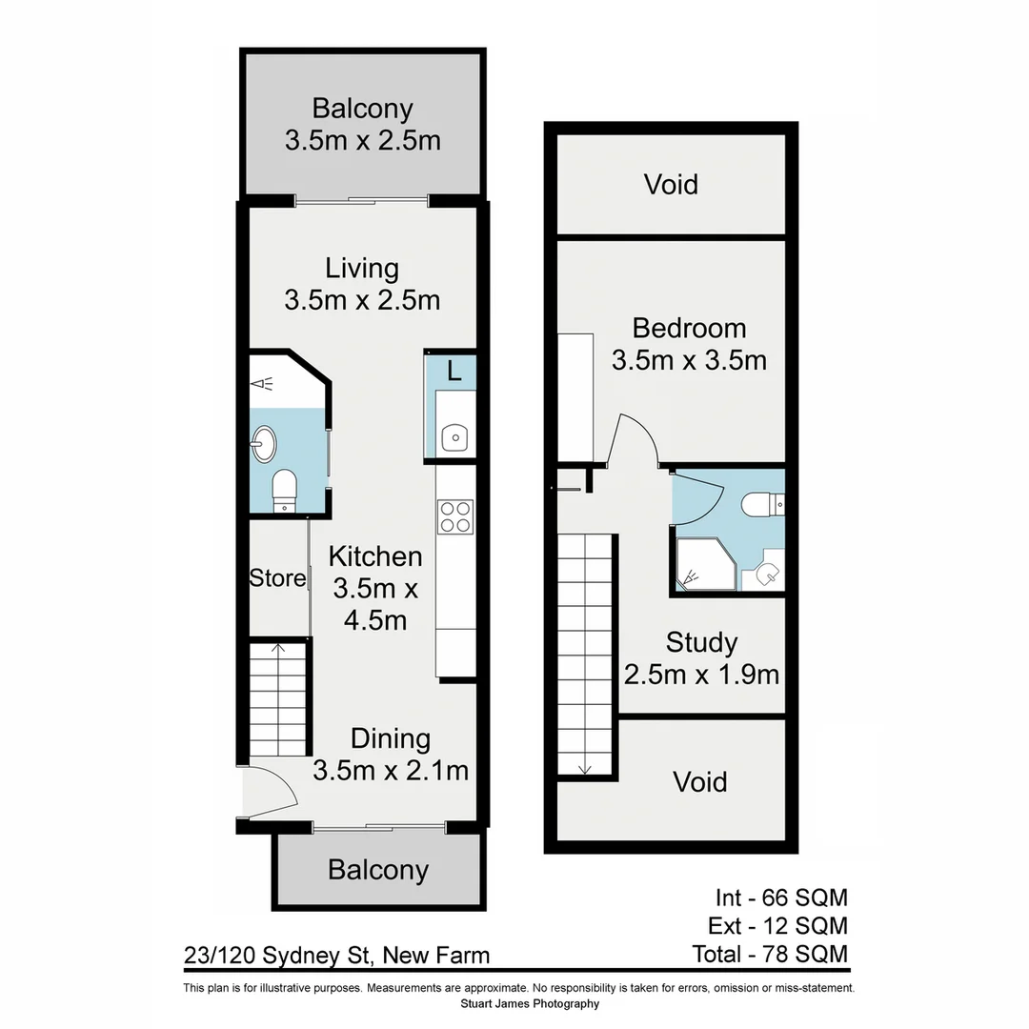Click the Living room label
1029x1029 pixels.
pos(361,269)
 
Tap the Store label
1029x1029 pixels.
pos(277,578)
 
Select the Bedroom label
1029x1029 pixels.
pos(689,329)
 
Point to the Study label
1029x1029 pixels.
pos(701,643)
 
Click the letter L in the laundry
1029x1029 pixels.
pos(454,371)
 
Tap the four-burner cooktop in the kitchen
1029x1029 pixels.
pos(455,516)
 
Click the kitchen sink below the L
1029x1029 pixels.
pos(454,437)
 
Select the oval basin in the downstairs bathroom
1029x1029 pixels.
pos(262,443)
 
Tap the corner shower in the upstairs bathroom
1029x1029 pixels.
pos(700,564)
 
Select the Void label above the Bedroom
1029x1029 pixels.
pos(671,184)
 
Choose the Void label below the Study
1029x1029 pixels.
pos(700,782)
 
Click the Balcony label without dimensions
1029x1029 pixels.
pos(378,870)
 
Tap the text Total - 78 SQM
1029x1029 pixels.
pos(770,953)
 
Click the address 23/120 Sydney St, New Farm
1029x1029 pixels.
pos(337,955)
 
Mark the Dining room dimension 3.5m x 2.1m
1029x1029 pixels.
pos(391,770)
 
